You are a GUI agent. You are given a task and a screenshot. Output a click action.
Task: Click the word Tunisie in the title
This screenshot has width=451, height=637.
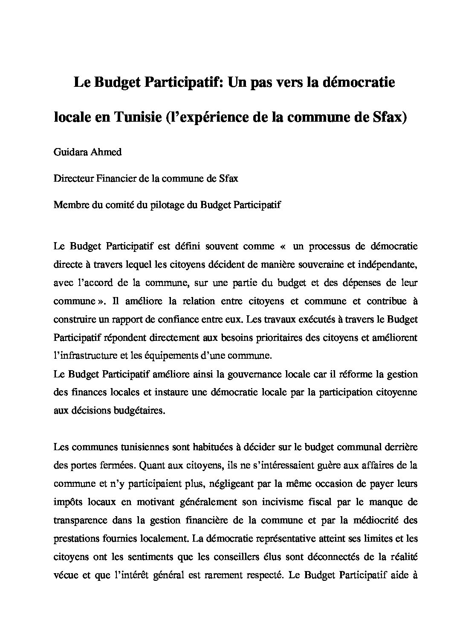point(136,117)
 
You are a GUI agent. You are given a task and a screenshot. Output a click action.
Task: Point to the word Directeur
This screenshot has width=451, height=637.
point(72,178)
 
